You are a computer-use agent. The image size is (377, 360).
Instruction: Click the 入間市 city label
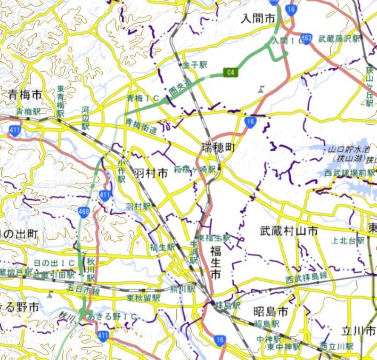coord(258,18)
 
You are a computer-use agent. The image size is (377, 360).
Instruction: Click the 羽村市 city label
coord(150,173)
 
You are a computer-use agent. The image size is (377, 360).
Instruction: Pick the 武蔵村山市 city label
coord(289,230)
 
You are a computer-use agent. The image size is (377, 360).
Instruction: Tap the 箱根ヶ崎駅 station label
coord(195,168)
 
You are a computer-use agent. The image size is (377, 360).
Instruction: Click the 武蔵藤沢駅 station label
coord(339,39)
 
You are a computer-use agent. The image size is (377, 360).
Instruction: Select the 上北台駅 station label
coord(348,240)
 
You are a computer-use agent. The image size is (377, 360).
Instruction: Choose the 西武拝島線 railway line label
coord(306,279)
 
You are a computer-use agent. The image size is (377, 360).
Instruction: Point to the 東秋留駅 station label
coord(143,298)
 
